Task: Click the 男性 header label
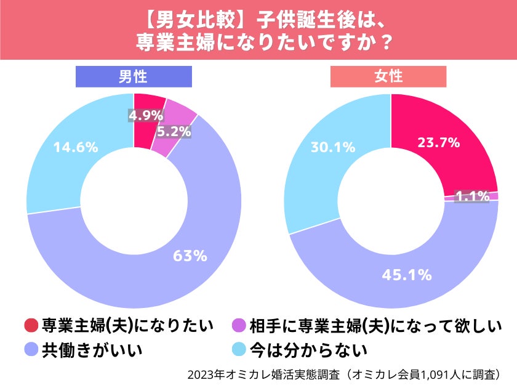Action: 134,76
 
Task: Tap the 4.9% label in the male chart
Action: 146,115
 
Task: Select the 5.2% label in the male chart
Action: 173,131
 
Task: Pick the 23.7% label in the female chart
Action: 439,143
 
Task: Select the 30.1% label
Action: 334,148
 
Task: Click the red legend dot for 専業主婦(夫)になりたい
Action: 31,325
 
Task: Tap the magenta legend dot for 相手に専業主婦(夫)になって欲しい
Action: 239,325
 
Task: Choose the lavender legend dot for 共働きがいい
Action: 31,350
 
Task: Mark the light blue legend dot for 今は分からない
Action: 239,350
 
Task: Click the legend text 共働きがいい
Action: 92,350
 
